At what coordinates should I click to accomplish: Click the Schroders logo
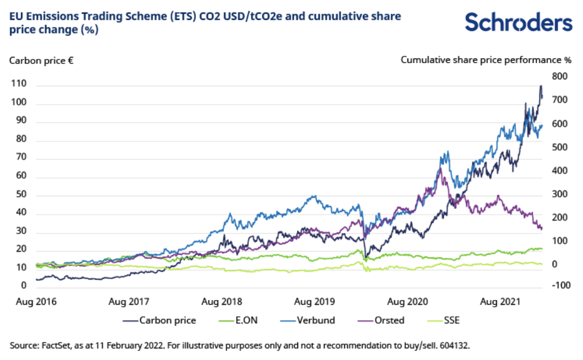tap(519, 22)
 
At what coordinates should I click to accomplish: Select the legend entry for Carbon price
tap(160, 320)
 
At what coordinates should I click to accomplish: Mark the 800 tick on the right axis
tap(560, 77)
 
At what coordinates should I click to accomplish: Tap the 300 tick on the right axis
tap(560, 195)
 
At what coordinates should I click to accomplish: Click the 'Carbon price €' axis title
tap(41, 60)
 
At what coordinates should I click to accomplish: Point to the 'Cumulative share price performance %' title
tap(486, 60)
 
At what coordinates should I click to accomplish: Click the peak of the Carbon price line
tap(541, 86)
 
